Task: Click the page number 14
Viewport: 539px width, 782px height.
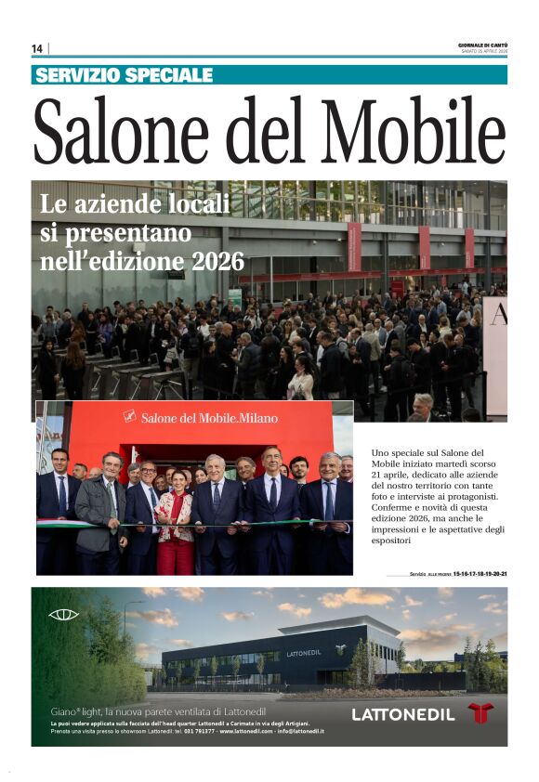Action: tap(37, 48)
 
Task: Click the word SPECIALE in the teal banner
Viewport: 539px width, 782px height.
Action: tap(168, 75)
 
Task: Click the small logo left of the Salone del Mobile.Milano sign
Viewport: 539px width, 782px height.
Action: tap(129, 417)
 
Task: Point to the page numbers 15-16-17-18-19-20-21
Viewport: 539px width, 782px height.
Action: tap(480, 574)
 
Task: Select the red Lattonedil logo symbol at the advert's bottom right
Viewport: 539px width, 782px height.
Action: tap(480, 713)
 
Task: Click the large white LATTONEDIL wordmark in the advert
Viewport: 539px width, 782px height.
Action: tap(403, 714)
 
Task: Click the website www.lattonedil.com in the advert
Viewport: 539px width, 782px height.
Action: tap(244, 732)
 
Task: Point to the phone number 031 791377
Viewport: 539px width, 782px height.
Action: tap(202, 732)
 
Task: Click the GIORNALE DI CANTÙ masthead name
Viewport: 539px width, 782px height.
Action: tap(482, 44)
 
